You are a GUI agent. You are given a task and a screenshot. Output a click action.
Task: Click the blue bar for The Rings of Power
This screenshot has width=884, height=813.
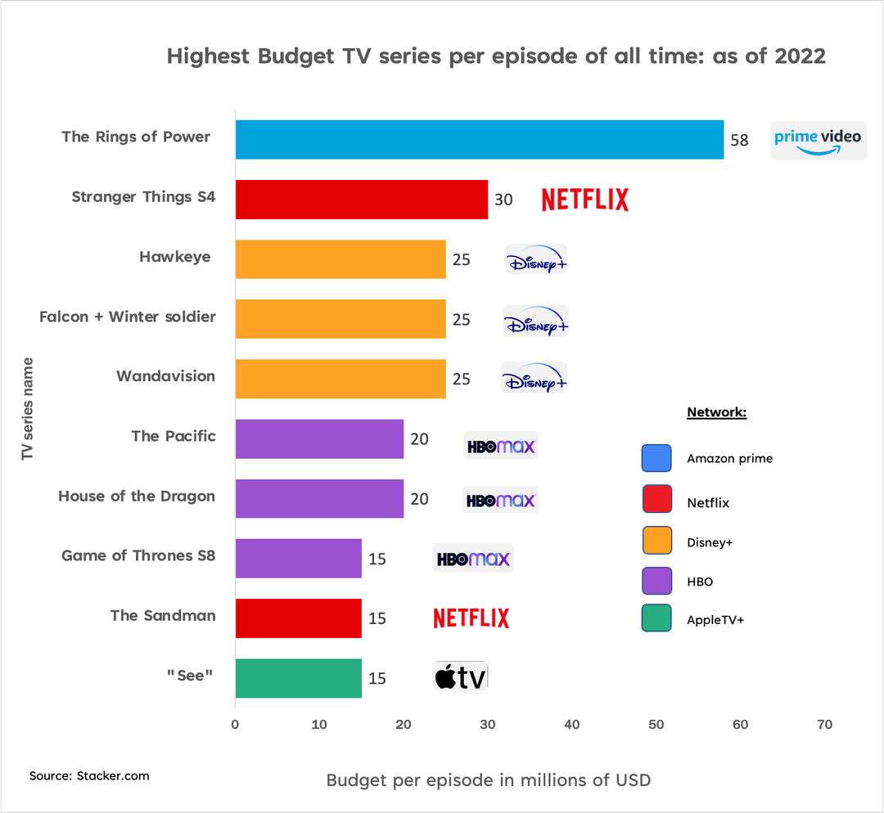[x=479, y=140]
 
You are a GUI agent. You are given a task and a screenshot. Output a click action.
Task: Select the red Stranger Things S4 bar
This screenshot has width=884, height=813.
[x=361, y=200]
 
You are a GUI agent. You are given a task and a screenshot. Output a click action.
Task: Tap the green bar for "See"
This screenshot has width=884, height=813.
[x=298, y=678]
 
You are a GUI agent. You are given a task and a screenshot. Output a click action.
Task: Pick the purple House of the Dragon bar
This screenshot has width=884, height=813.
[x=319, y=499]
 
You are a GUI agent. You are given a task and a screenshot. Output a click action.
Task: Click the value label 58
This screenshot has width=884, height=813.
[x=739, y=141]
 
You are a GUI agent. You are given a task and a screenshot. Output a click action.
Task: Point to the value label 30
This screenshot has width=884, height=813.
[x=503, y=200]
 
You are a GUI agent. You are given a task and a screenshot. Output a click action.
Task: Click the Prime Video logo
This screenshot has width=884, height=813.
[x=819, y=140]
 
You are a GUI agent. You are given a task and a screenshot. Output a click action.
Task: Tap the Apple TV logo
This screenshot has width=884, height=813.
[x=460, y=677]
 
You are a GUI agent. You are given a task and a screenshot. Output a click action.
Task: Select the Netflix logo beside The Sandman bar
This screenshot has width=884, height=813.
[x=471, y=618]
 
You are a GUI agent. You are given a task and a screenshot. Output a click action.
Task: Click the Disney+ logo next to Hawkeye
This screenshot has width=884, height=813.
[x=536, y=260]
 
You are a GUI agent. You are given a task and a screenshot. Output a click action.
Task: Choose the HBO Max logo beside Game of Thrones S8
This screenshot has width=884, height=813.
[x=473, y=559]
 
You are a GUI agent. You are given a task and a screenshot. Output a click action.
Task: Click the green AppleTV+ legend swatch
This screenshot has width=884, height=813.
[x=656, y=619]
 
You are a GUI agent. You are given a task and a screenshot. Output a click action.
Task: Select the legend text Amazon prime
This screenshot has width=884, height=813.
[x=729, y=459]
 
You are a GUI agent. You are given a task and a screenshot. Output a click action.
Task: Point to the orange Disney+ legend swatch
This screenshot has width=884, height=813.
[x=656, y=541]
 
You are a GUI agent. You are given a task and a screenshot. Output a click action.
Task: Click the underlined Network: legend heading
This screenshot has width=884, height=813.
[x=716, y=412]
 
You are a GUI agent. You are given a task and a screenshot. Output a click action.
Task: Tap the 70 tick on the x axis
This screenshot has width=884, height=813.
[x=824, y=725]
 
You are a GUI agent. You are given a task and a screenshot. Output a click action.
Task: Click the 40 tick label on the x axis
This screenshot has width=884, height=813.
[x=571, y=725]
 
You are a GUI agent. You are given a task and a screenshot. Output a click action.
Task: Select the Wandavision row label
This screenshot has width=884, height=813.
[x=165, y=376]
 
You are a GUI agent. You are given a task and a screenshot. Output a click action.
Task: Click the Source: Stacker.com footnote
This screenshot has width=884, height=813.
[x=89, y=775]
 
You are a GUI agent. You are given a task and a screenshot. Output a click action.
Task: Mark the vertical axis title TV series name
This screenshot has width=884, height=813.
[x=28, y=408]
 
